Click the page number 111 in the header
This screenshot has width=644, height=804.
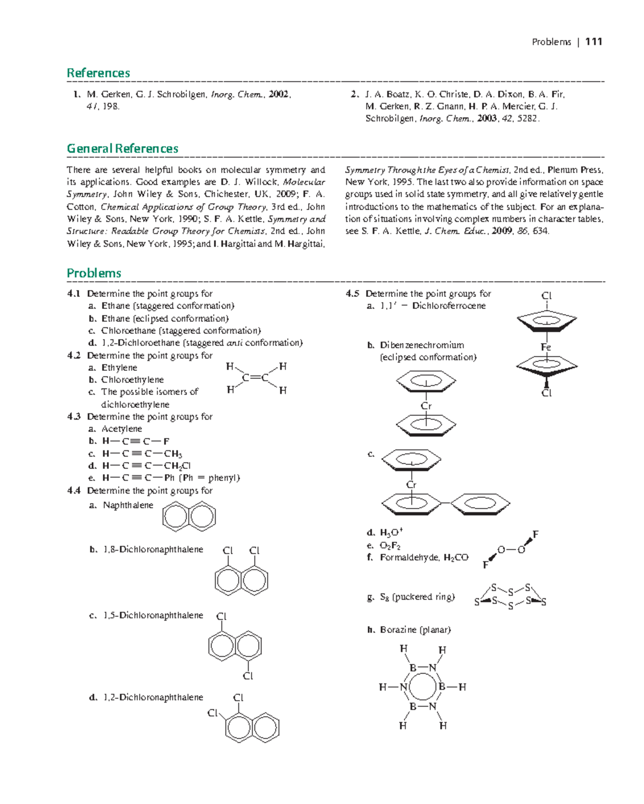click(594, 42)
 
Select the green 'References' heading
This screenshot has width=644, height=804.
click(98, 73)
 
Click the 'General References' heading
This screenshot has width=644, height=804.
click(122, 148)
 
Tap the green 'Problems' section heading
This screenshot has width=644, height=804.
click(94, 273)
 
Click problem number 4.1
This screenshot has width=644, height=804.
click(74, 294)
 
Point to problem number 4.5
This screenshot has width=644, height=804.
click(352, 294)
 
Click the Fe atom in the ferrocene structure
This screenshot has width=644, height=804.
click(546, 347)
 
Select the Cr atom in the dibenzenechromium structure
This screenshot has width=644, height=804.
click(426, 406)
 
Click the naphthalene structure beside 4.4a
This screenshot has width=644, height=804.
click(189, 517)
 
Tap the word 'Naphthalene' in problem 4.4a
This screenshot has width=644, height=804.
click(128, 505)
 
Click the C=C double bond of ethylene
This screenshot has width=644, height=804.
click(255, 378)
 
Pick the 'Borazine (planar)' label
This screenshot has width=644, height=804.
click(415, 629)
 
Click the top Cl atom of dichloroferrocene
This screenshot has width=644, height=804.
click(546, 296)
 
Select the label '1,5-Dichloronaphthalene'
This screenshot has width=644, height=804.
click(153, 615)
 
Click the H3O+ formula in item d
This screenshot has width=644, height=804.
click(391, 532)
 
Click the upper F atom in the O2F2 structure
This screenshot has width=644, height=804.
click(535, 534)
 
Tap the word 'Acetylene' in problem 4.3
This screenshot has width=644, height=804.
click(122, 429)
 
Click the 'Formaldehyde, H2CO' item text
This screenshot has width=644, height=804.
click(424, 557)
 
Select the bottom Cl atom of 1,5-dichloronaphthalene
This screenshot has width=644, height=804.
click(247, 676)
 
